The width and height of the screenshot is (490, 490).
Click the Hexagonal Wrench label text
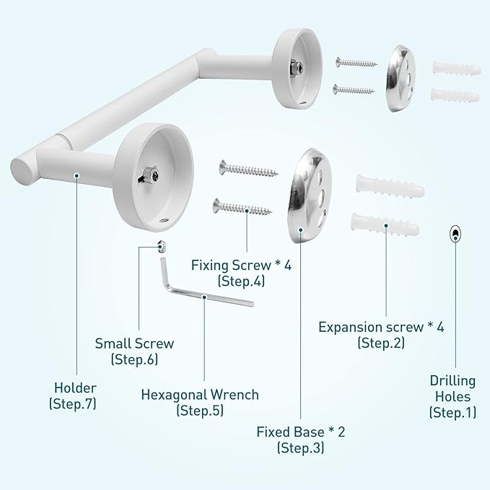199,395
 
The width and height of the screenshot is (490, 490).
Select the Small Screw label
134,344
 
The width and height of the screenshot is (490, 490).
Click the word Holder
74,388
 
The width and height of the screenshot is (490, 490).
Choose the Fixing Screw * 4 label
241,266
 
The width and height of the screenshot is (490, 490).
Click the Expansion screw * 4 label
381,327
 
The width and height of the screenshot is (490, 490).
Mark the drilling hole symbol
455,232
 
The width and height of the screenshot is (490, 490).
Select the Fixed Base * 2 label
300,432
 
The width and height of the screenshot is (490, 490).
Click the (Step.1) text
451,412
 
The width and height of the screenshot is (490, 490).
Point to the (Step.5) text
199,411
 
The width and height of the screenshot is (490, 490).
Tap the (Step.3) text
300,448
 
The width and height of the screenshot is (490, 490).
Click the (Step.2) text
381,343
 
